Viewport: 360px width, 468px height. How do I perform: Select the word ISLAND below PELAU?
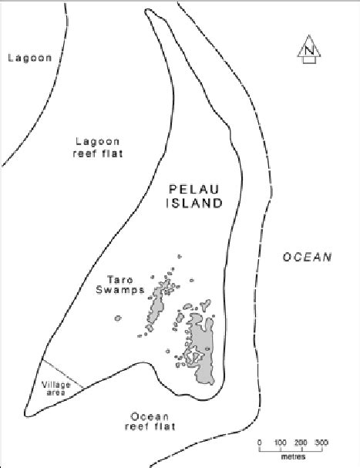197,204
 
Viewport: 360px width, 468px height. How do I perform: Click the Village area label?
54,387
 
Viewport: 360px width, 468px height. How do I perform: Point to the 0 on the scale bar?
259,443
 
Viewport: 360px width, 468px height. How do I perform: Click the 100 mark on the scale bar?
280,443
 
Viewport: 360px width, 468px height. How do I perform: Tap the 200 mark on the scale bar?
301,443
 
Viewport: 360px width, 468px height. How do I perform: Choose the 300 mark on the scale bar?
322,443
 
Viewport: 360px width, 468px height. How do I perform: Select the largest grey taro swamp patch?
203,351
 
